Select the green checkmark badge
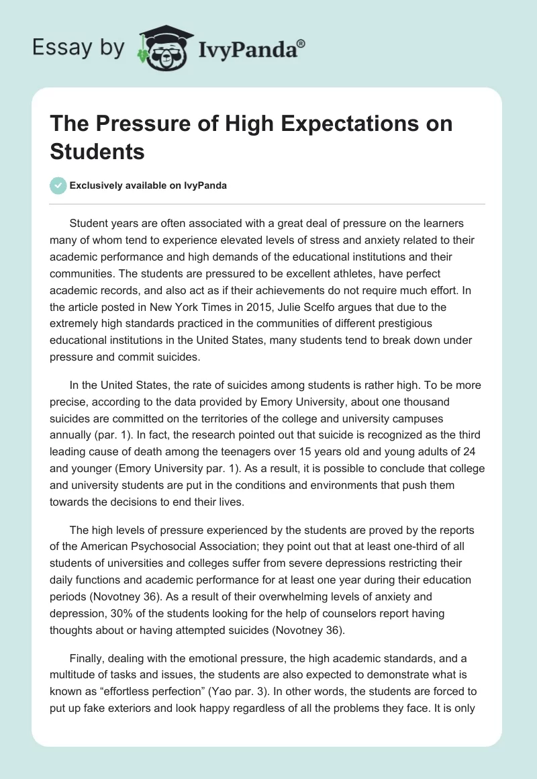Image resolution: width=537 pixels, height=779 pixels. [58, 185]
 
